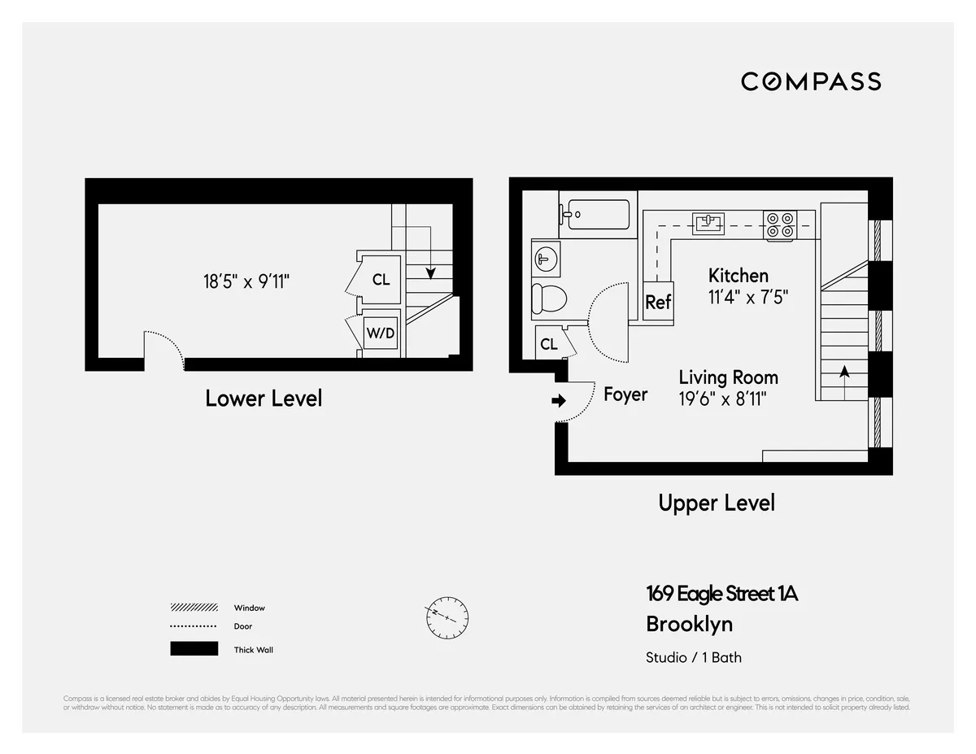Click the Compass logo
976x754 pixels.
point(811,81)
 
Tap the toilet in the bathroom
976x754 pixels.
point(547,299)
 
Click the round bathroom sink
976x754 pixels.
point(544,259)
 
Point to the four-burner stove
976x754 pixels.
point(779,225)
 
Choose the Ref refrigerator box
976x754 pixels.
point(657,302)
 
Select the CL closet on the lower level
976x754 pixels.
point(381,280)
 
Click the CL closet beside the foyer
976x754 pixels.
point(549,344)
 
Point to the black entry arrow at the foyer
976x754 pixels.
point(559,400)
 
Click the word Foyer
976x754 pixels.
point(625,394)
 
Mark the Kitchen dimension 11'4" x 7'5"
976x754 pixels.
point(747,298)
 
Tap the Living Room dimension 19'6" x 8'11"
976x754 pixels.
point(723,399)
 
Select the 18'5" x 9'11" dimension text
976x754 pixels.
point(246,281)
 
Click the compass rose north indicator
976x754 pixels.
point(447,619)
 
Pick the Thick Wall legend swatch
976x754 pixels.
point(194,649)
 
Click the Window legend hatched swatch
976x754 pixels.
point(194,608)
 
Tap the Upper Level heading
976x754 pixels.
point(716,503)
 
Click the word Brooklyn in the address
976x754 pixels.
point(689,624)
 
